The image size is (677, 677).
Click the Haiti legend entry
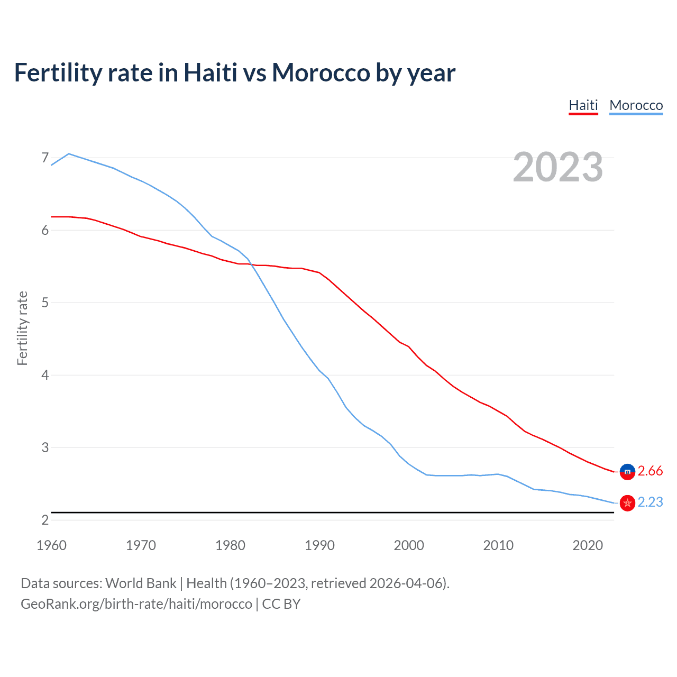click(x=583, y=105)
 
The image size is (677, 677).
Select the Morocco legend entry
click(x=636, y=105)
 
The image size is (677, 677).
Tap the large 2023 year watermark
click(x=557, y=167)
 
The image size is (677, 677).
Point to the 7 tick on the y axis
click(x=45, y=158)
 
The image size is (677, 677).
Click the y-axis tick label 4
click(x=45, y=375)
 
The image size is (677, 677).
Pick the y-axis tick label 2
click(x=45, y=520)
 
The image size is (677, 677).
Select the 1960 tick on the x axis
click(x=51, y=545)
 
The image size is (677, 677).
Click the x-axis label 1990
click(x=319, y=545)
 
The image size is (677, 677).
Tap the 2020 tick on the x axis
click(x=588, y=545)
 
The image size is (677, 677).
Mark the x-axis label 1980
click(x=230, y=545)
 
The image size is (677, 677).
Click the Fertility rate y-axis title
click(x=22, y=328)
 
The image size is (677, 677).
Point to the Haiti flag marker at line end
click(x=627, y=471)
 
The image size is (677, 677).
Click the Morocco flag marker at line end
click(x=627, y=503)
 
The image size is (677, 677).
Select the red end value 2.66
click(x=650, y=471)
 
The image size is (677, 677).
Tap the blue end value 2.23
click(x=650, y=502)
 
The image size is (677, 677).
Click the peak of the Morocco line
click(x=69, y=154)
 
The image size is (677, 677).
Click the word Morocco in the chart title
click(x=321, y=72)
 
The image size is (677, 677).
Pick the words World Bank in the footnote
click(x=141, y=583)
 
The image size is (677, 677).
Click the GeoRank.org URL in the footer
click(x=136, y=604)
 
